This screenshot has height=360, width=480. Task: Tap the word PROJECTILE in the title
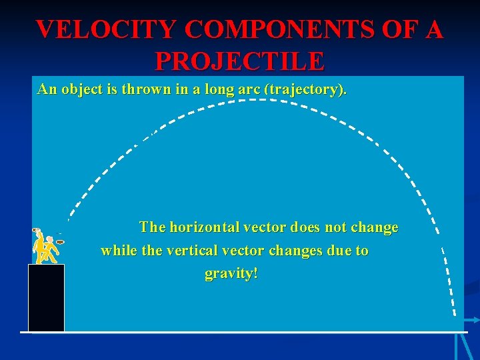[240, 61]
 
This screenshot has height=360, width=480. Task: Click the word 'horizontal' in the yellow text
[202, 227]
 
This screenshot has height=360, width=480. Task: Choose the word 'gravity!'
[231, 275]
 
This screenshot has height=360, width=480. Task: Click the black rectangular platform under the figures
[46, 297]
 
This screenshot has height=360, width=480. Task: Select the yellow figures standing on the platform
[45, 248]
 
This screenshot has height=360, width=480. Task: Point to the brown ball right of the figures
[60, 242]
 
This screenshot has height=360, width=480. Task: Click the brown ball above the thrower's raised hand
[36, 231]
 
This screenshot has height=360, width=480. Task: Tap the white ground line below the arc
[240, 332]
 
